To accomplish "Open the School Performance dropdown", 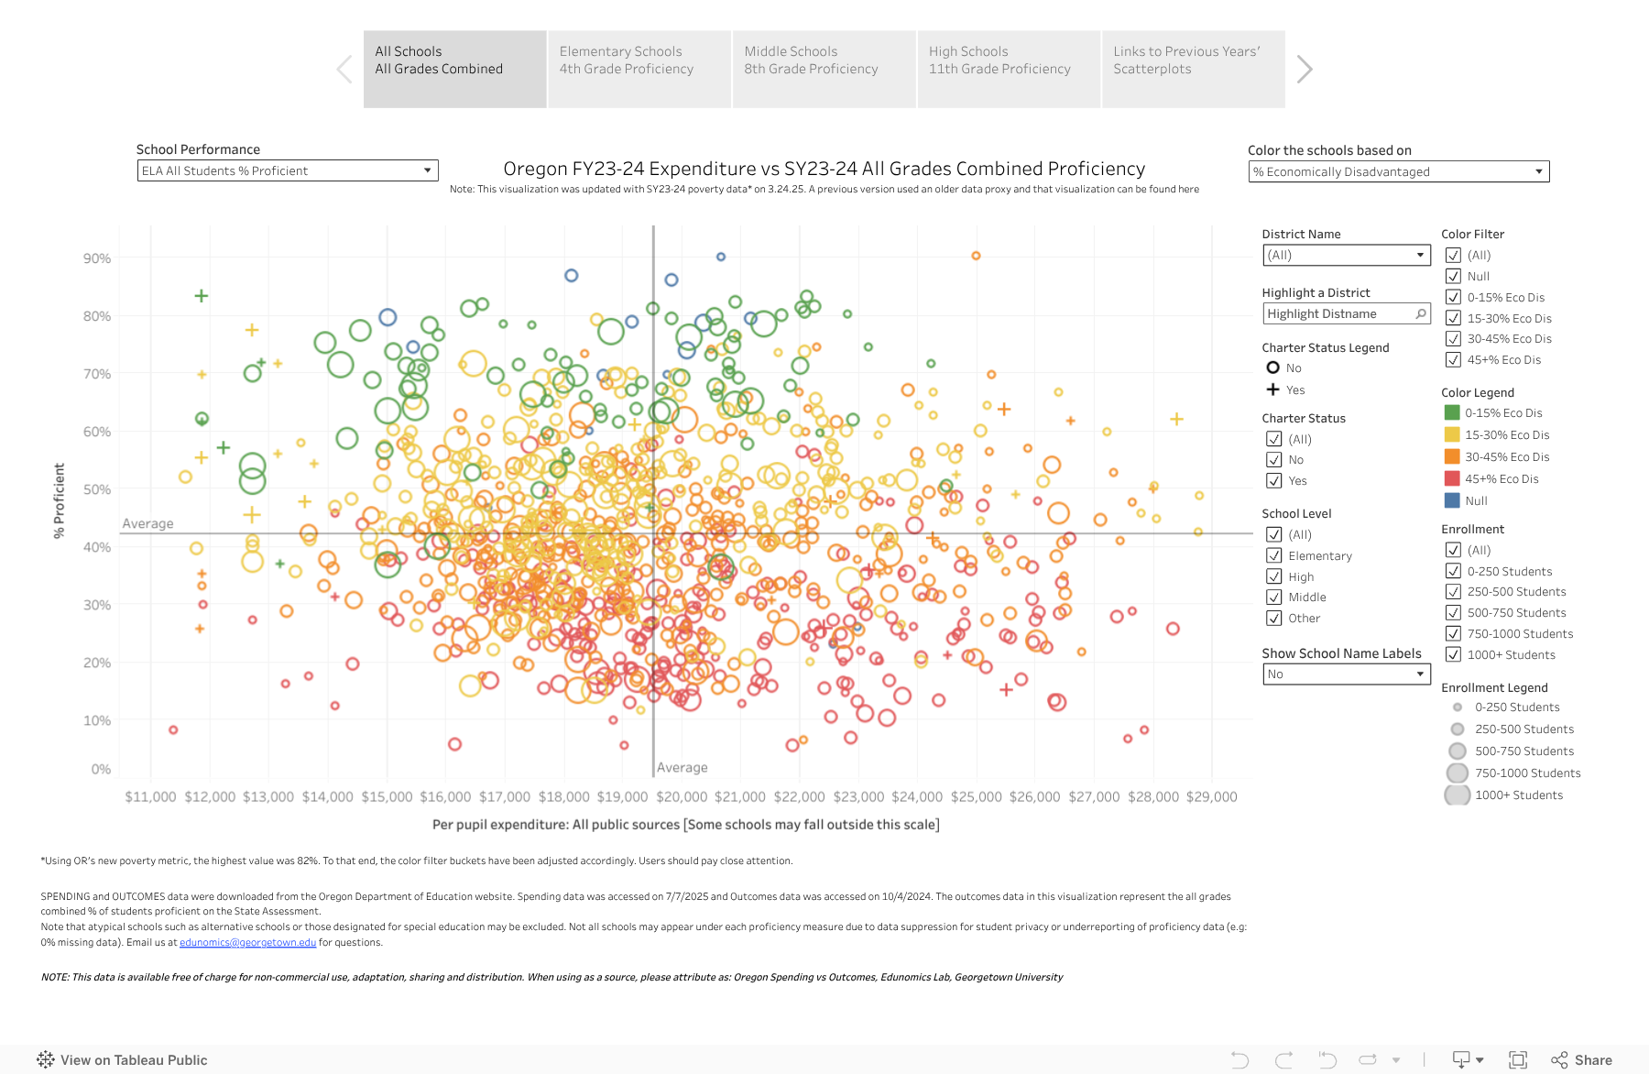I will click(288, 170).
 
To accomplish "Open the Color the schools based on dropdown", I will click(1398, 171).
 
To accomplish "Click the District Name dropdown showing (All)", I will click(1346, 255).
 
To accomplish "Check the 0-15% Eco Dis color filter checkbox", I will click(1453, 297).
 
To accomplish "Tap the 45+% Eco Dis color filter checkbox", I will click(1453, 360).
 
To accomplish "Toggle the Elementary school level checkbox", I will click(1273, 555).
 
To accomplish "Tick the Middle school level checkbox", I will click(1273, 597).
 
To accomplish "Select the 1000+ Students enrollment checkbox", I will click(1453, 654).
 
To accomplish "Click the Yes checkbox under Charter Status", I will click(1273, 480).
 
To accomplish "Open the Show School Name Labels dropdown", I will click(1346, 674).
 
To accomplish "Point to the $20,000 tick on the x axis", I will click(682, 797).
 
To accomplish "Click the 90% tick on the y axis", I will click(97, 258).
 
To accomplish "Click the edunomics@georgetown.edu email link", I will click(247, 942).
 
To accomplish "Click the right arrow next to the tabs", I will click(1305, 69).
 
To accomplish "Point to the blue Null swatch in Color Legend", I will click(1452, 500).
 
